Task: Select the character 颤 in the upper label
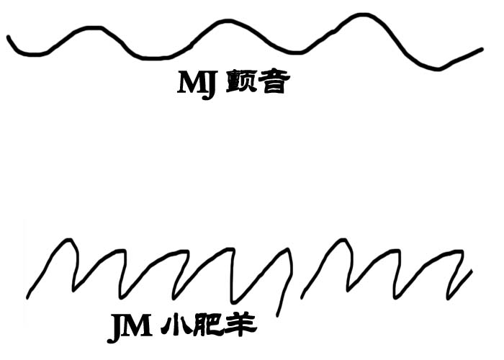(x=240, y=83)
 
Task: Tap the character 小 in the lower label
(x=174, y=328)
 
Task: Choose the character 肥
(x=206, y=328)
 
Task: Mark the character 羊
(x=240, y=328)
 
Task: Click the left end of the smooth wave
(x=9, y=36)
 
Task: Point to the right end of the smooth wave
(x=482, y=50)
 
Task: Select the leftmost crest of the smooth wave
(x=90, y=28)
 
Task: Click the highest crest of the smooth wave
(x=364, y=14)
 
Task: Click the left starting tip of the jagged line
(x=28, y=297)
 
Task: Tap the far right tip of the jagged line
(x=472, y=271)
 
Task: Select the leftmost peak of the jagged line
(x=67, y=240)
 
